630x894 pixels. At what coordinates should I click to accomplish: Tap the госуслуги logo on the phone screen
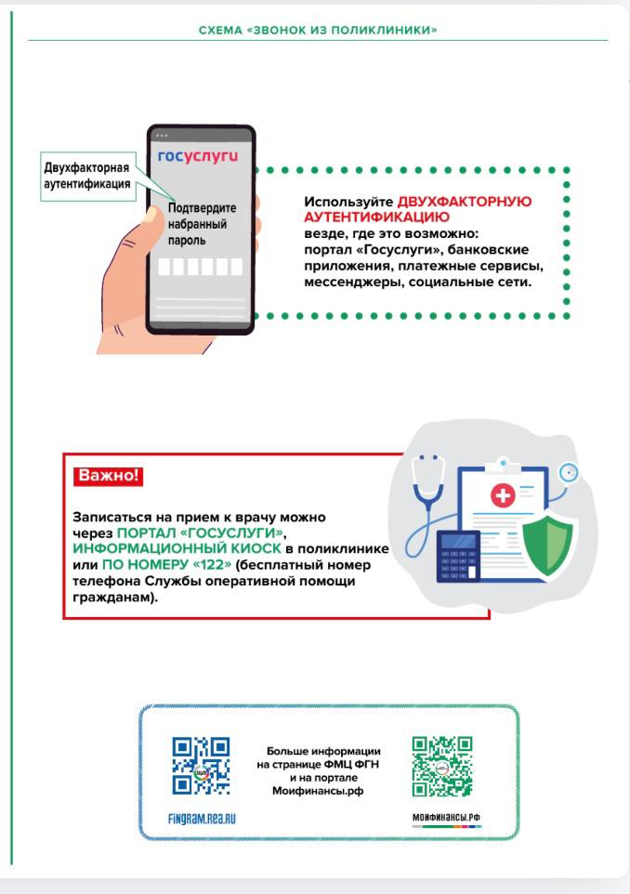click(198, 156)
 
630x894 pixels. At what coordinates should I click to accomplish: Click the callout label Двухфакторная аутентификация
click(86, 176)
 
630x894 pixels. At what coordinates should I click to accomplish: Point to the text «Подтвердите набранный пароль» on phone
click(202, 224)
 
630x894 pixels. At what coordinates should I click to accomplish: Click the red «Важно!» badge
click(108, 476)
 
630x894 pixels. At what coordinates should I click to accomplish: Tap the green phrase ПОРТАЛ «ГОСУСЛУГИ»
click(199, 533)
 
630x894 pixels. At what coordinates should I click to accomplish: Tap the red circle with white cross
click(502, 495)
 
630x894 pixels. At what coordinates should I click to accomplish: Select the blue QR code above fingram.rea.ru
click(201, 766)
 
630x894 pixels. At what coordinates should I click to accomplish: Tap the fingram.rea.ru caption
click(201, 819)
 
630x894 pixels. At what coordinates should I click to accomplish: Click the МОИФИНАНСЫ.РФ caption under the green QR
click(446, 819)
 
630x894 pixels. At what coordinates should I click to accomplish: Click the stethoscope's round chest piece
click(569, 472)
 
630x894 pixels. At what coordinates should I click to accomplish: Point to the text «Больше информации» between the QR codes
click(323, 750)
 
